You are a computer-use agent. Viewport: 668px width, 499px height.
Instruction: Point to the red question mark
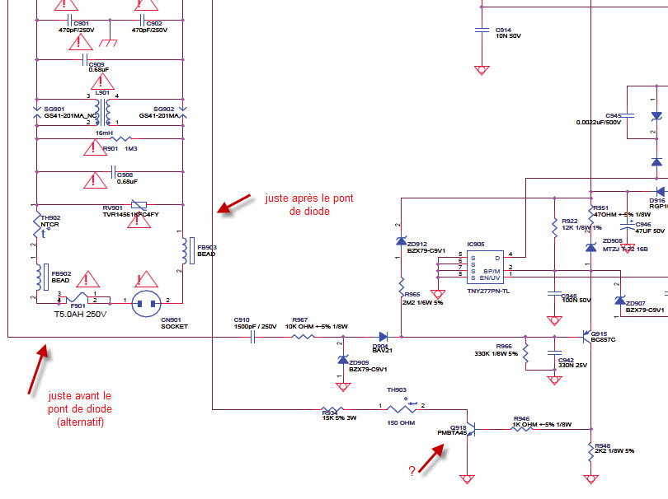coord(411,471)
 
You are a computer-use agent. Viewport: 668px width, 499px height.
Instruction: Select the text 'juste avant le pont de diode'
coord(81,408)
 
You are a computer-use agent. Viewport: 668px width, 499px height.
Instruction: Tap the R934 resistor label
coord(329,413)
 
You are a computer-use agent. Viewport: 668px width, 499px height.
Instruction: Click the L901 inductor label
coord(103,92)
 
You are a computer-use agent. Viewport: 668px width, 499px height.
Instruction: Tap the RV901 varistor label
coord(112,208)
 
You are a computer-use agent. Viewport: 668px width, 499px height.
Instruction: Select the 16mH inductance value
coord(104,133)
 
